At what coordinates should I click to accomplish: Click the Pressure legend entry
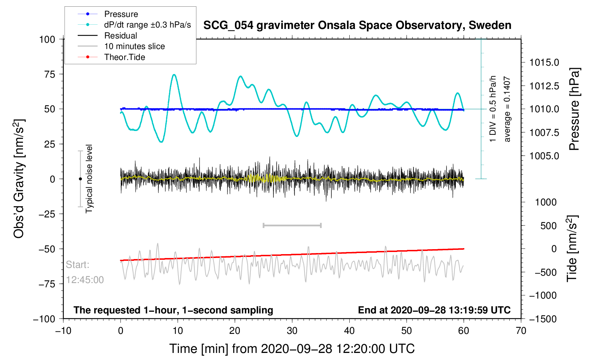121,14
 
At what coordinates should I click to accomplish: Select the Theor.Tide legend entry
124,57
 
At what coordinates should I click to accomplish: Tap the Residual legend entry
120,36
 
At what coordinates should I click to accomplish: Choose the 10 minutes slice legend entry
134,46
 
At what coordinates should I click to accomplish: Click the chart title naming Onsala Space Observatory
357,25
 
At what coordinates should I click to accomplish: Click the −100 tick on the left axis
44,319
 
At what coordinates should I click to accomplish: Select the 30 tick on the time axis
292,331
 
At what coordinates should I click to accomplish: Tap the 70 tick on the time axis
521,331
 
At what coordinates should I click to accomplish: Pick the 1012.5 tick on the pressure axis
544,86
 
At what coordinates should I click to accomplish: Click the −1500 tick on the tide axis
543,319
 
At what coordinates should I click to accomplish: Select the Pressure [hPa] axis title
574,109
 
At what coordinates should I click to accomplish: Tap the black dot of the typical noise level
80,179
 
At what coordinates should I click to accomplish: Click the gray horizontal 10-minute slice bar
292,225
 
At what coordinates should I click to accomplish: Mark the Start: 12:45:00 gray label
85,272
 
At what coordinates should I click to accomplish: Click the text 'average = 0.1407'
507,109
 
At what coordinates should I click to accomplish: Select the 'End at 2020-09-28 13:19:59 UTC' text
434,310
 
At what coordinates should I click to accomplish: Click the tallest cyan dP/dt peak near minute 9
174,75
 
